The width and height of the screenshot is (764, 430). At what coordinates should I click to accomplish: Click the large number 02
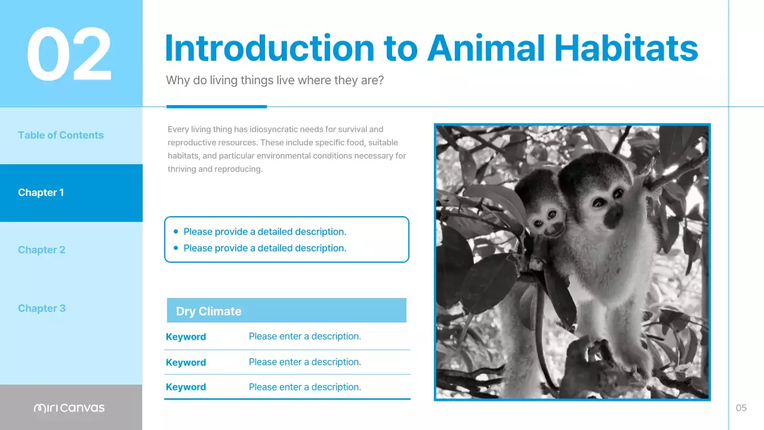pos(69,54)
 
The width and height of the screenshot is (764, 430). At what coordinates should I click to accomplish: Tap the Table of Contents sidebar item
pos(61,135)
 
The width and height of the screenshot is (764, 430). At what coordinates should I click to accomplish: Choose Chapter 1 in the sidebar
pos(41,192)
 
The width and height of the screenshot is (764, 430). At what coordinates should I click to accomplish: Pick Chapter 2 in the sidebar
pos(42,250)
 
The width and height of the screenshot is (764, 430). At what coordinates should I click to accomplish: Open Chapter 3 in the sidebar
pos(42,308)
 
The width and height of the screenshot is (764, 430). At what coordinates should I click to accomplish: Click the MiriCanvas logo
pos(69,408)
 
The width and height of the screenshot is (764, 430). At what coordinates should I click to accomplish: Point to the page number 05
pos(741,408)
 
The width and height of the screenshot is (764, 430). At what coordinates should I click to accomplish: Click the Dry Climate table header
pos(209,311)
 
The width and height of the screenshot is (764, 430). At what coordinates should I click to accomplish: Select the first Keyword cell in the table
pos(186,337)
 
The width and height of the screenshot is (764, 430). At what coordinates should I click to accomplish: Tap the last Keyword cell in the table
pos(186,387)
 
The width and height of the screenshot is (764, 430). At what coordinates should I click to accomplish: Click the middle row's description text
pos(304,362)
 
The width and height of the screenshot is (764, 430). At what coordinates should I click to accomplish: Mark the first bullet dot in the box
pos(175,231)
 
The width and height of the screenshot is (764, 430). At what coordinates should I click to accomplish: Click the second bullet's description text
pos(264,248)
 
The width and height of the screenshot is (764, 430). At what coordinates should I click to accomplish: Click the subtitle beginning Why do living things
pos(275,80)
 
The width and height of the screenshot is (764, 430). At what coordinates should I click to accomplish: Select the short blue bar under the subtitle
pos(216,107)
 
